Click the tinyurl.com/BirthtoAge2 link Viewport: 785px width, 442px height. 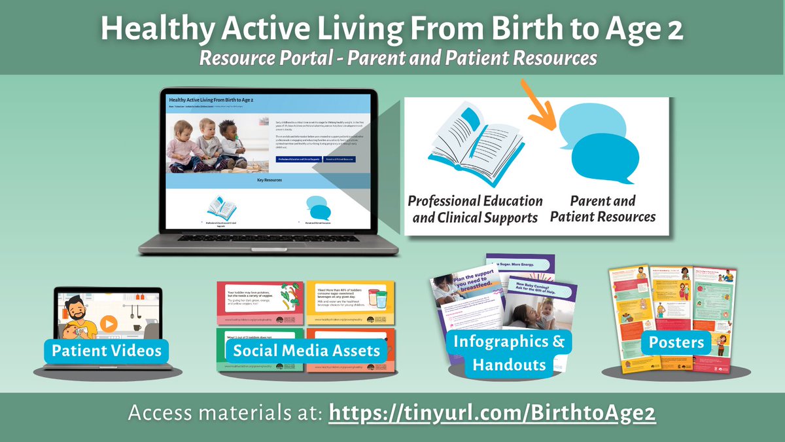491,414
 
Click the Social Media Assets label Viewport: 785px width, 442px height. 306,350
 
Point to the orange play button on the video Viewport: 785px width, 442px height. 109,323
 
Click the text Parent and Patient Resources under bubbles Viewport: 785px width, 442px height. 603,208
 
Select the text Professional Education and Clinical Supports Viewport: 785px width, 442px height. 474,208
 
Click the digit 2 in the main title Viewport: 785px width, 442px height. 675,30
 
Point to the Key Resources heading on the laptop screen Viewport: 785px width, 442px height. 269,177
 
